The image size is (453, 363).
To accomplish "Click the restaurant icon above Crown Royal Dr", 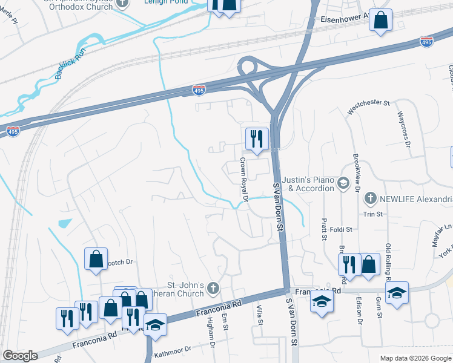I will [257, 139].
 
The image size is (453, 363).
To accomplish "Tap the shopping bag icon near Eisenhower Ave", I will [381, 21].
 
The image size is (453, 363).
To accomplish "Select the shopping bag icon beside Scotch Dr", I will [96, 259].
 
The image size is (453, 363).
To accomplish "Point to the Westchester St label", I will [368, 107].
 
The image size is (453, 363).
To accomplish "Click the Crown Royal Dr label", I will [244, 180].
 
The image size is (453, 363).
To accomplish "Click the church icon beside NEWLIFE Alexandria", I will [369, 198].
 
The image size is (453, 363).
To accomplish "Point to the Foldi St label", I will [342, 230].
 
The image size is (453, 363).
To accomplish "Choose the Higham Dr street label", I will [213, 337].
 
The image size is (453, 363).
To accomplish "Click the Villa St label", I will [259, 315].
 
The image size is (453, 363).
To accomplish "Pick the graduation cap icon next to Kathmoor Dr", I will [155, 324].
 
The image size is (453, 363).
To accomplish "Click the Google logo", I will [21, 356].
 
